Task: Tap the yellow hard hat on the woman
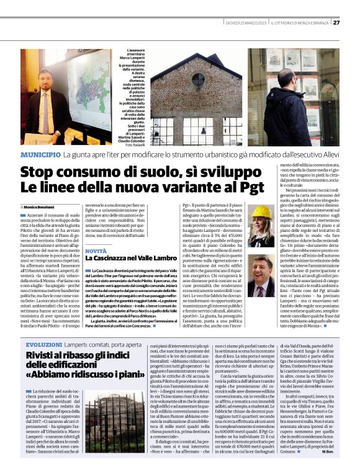pyautogui.click(x=263, y=210)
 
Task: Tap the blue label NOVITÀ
pyautogui.click(x=96, y=251)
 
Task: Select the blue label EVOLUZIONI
pyautogui.click(x=45, y=344)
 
